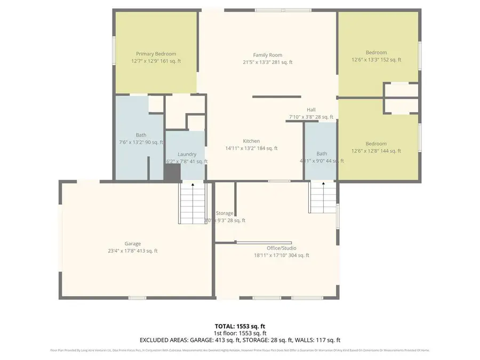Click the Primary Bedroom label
[156, 54]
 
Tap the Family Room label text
[267, 55]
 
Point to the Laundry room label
[187, 154]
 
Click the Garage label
[133, 244]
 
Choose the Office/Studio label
[281, 248]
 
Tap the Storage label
[225, 213]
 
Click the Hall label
[311, 110]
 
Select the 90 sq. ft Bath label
[141, 135]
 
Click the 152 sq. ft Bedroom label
[376, 52]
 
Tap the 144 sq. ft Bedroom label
[376, 143]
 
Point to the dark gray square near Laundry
[172, 173]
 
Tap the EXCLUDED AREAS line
[239, 340]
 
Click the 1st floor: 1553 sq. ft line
[239, 332]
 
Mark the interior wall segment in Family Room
[276, 97]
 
